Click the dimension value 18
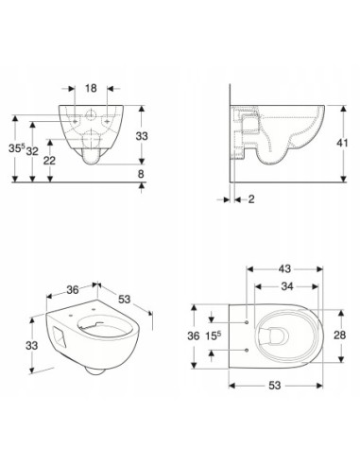click(91, 88)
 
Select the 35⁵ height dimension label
click(17, 148)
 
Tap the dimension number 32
click(32, 151)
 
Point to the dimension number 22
click(49, 161)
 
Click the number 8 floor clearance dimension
click(141, 174)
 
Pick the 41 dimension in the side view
click(342, 143)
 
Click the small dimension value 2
click(251, 199)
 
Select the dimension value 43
click(284, 269)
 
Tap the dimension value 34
click(287, 286)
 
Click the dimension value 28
click(340, 336)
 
